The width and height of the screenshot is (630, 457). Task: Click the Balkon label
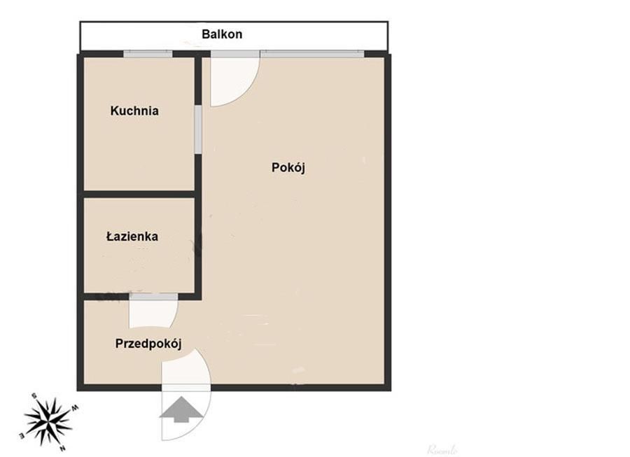tap(222, 34)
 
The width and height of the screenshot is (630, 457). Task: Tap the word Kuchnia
tap(134, 111)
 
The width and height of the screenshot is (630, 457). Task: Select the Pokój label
tap(288, 168)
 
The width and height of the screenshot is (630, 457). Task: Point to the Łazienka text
tap(132, 237)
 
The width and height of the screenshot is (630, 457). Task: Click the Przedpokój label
tap(148, 344)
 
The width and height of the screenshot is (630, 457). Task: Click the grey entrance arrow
tap(178, 409)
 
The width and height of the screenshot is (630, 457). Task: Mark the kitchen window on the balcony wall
tap(148, 54)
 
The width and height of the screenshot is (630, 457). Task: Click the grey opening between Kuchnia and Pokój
tap(198, 129)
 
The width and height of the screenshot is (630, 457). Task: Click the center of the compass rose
tap(48, 421)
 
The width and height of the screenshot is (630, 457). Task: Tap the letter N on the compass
tap(63, 448)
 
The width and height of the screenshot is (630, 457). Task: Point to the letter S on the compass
tap(33, 396)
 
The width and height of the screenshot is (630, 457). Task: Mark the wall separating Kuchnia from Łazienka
tap(139, 194)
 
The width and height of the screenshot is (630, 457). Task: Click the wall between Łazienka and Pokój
tap(198, 245)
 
